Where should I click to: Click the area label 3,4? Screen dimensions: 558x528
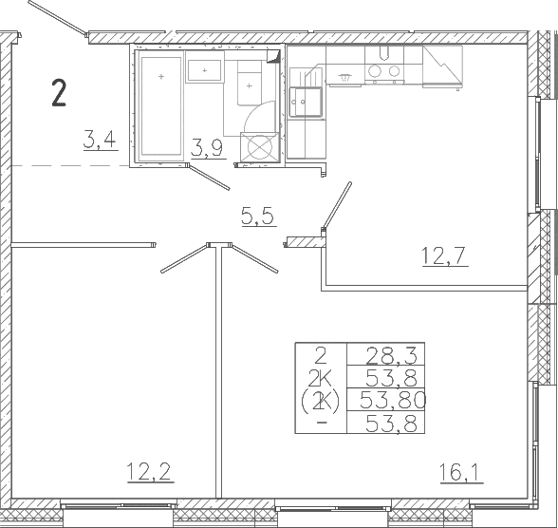tap(101, 140)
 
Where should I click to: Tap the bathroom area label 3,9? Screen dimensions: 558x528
tap(208, 148)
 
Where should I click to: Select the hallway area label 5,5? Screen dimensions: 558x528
tap(258, 217)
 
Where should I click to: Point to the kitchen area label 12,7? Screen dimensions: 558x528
tap(444, 255)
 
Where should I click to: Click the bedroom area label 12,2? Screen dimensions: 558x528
tap(150, 471)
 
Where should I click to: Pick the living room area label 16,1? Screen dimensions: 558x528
tap(460, 473)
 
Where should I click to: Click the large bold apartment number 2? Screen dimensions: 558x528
tap(59, 93)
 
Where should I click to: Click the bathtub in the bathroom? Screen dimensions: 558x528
tap(161, 106)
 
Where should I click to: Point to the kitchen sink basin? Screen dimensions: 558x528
tap(306, 102)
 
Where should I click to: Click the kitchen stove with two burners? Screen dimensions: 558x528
tap(384, 70)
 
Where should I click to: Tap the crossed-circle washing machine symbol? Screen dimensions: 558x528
tap(259, 146)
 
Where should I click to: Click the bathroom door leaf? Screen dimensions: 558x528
tap(209, 177)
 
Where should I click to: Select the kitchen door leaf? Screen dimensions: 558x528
tap(336, 206)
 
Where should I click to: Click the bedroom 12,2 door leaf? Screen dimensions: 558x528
tap(184, 258)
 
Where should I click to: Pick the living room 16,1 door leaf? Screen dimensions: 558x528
tap(254, 258)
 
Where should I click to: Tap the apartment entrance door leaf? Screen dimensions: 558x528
tap(57, 18)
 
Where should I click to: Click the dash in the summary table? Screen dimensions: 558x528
tap(322, 423)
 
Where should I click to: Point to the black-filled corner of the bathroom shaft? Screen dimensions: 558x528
tap(274, 56)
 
